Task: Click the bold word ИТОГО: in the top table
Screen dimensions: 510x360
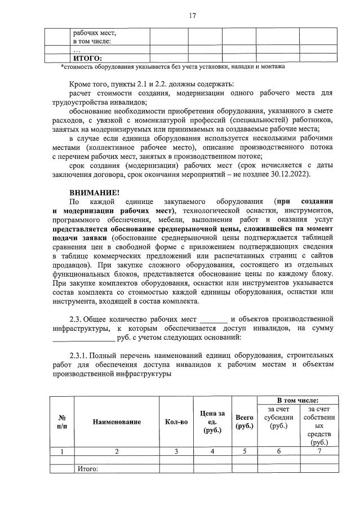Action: point(87,58)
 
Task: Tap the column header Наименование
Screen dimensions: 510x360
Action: point(117,422)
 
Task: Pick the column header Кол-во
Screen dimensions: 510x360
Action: point(176,422)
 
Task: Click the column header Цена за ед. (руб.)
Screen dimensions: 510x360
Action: point(212,422)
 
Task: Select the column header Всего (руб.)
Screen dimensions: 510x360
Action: point(245,422)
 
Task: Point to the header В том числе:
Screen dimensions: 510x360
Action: point(297,400)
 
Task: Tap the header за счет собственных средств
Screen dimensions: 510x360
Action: point(319,425)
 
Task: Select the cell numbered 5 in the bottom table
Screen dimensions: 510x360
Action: point(245,451)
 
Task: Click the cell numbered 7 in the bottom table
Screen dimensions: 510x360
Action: point(319,451)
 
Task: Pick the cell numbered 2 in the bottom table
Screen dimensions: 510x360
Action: point(117,451)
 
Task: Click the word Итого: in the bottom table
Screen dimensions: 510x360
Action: point(88,468)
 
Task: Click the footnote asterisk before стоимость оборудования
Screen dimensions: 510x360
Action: point(62,66)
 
